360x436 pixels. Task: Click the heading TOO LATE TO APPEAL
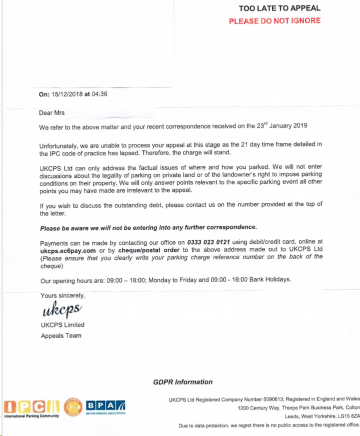click(x=279, y=8)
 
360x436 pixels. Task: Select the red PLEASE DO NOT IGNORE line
click(x=275, y=21)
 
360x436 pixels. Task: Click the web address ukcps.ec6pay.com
click(x=68, y=250)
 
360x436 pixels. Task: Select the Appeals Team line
click(x=61, y=336)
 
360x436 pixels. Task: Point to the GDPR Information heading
click(x=183, y=382)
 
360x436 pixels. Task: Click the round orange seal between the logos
click(x=74, y=406)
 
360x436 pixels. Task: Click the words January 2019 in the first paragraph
click(x=285, y=126)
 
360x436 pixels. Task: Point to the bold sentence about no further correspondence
click(x=149, y=227)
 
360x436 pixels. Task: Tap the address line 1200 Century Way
click(x=261, y=408)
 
